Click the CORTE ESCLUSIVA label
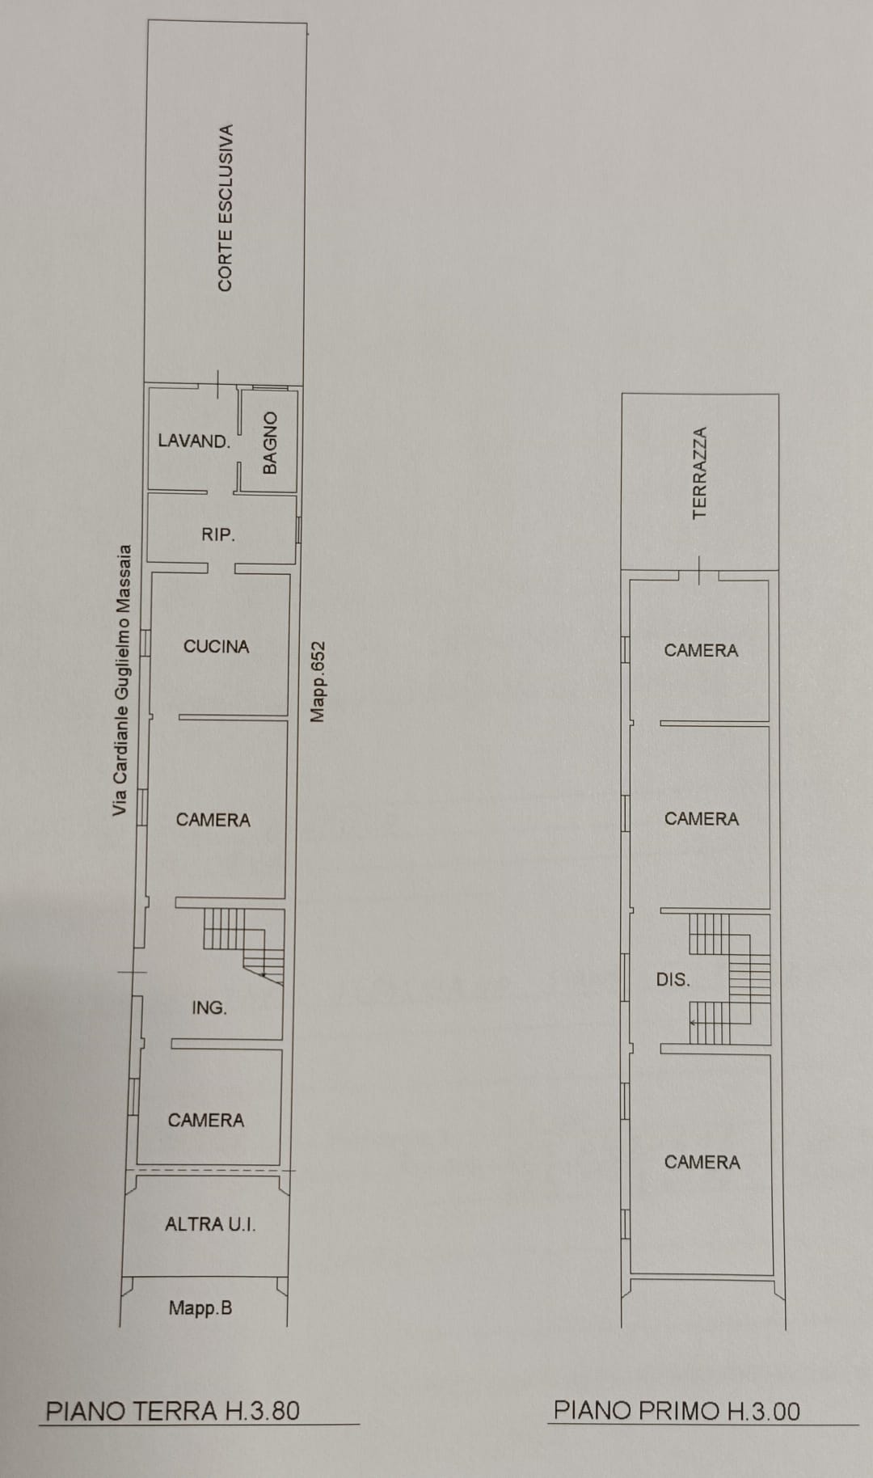pyautogui.click(x=226, y=208)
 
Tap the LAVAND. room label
pyautogui.click(x=194, y=441)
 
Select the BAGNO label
pyautogui.click(x=270, y=442)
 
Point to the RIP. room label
pyautogui.click(x=218, y=534)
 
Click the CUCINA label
pyautogui.click(x=216, y=646)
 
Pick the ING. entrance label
pyautogui.click(x=209, y=1007)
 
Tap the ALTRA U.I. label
pyautogui.click(x=210, y=1224)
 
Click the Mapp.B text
pyautogui.click(x=200, y=1308)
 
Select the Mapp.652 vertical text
pyautogui.click(x=318, y=682)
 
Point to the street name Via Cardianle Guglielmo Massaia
pyautogui.click(x=120, y=680)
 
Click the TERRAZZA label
pyautogui.click(x=700, y=473)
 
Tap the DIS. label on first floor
pyautogui.click(x=673, y=980)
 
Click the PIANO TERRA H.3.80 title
pyautogui.click(x=173, y=1411)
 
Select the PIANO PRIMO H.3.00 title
pyautogui.click(x=677, y=1411)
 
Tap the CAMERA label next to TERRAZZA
pyautogui.click(x=701, y=650)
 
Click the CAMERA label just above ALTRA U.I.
pyautogui.click(x=206, y=1120)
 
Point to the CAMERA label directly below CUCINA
pyautogui.click(x=213, y=820)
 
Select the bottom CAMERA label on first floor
pyautogui.click(x=702, y=1162)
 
